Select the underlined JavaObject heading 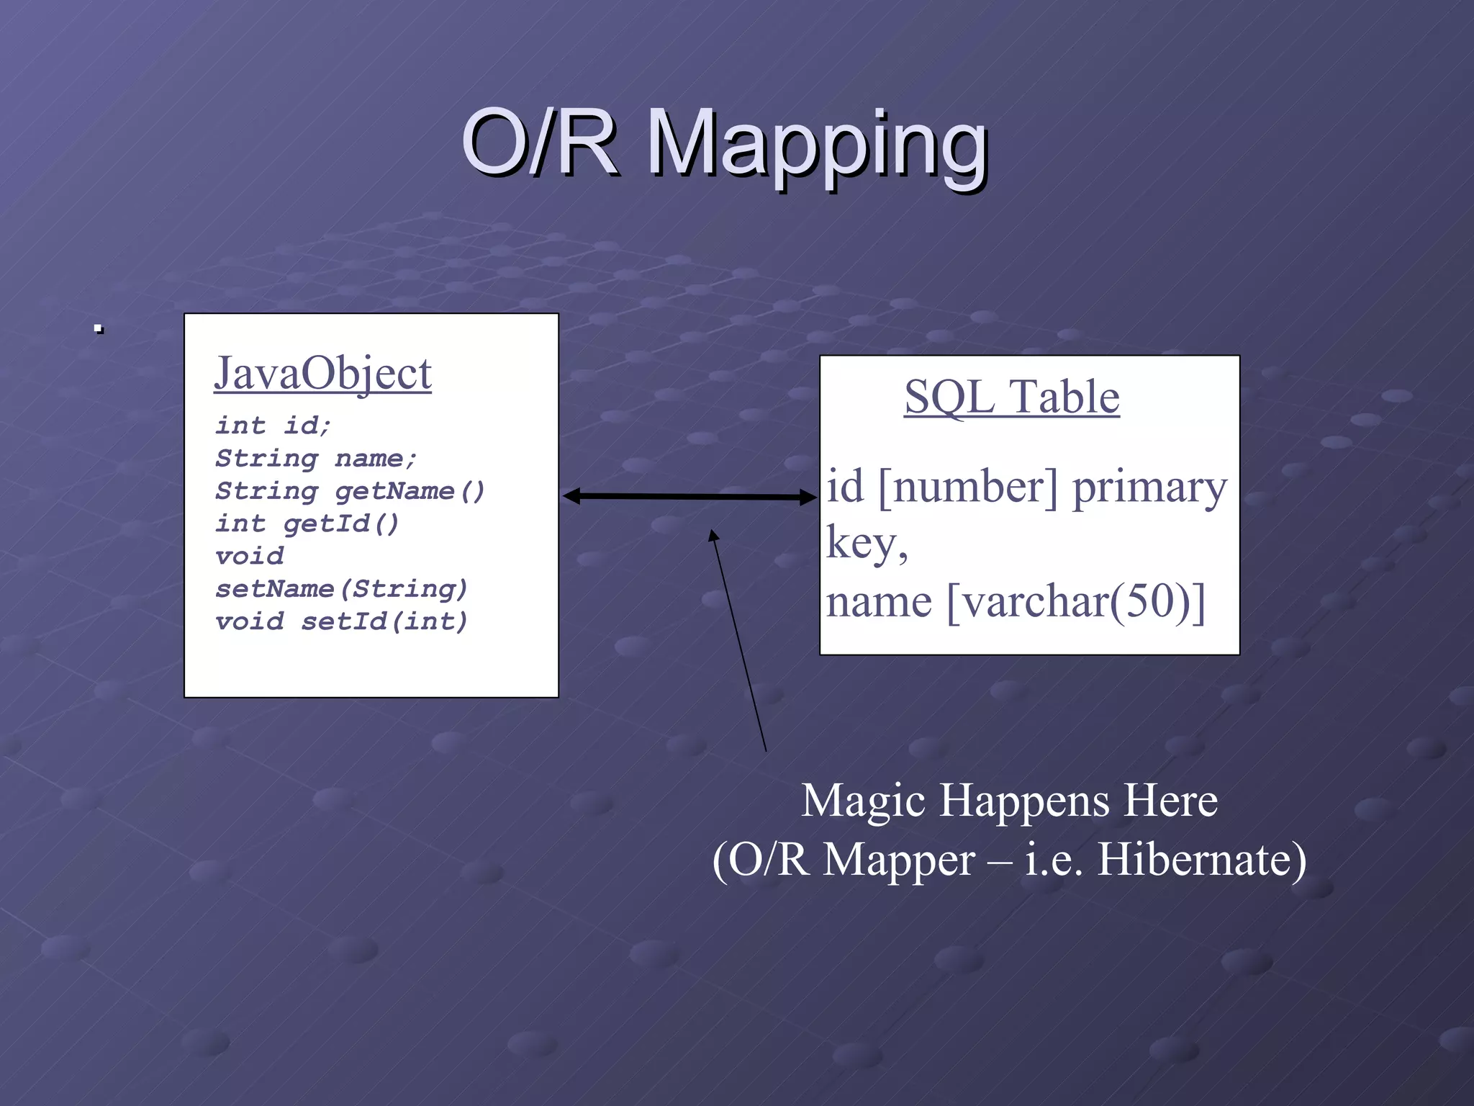pos(322,374)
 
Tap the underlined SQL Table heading pos(1011,397)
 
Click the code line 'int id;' pos(273,426)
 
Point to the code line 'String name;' pos(316,459)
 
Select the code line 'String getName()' pos(350,491)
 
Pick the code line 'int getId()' pos(307,523)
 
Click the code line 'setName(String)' pos(341,589)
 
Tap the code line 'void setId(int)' pos(341,621)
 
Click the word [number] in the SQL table pos(968,487)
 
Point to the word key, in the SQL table pos(867,544)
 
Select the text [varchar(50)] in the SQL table pos(1076,601)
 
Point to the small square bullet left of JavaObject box pos(99,330)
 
